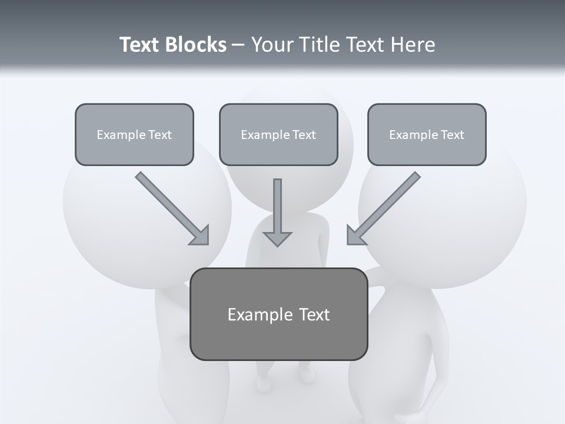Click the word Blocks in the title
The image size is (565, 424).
[x=195, y=45]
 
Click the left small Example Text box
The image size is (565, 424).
[x=134, y=134]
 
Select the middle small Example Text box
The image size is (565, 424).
[x=278, y=134]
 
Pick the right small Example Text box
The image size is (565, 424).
[x=427, y=134]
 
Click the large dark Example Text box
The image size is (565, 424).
[x=278, y=314]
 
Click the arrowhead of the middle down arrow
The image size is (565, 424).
[x=277, y=238]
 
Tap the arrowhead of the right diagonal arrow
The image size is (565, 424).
[x=355, y=236]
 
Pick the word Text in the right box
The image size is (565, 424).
[x=452, y=135]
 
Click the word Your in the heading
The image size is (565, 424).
[x=271, y=45]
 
